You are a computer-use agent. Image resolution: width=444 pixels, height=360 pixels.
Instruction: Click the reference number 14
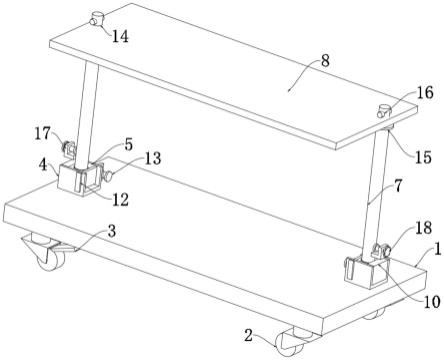click(120, 36)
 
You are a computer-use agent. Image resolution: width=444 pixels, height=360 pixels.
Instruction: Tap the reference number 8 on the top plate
click(325, 61)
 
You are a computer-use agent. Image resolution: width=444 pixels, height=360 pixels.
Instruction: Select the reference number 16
click(425, 93)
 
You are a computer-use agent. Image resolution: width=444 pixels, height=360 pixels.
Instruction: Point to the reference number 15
click(423, 157)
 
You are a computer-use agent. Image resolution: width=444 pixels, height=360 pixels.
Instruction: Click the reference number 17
click(43, 134)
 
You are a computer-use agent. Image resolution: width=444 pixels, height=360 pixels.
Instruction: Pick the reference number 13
click(153, 158)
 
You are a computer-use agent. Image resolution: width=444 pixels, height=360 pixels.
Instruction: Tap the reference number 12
click(120, 200)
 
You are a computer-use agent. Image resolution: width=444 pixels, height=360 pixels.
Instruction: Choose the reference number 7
click(398, 186)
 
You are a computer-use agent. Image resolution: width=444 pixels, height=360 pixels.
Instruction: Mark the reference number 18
click(423, 228)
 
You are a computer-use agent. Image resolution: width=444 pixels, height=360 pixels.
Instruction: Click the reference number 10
click(432, 302)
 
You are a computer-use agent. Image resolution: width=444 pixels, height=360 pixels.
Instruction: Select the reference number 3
click(112, 231)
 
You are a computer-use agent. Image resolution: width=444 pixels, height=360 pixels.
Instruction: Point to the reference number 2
click(248, 336)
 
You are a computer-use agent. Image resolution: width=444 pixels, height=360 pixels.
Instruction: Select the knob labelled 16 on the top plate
click(384, 111)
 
